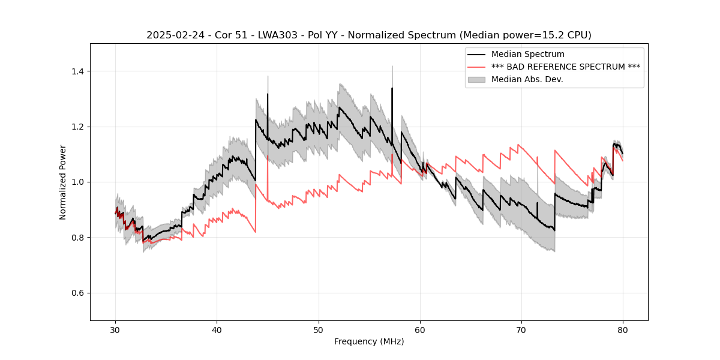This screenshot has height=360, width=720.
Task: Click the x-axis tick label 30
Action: click(116, 329)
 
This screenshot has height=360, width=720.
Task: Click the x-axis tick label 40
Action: click(217, 329)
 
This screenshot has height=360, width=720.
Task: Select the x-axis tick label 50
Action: click(319, 329)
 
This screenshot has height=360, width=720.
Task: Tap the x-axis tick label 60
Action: click(420, 329)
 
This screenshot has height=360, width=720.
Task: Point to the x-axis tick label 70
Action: click(521, 329)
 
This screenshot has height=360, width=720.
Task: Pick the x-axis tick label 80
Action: click(623, 329)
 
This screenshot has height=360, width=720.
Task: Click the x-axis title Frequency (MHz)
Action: click(369, 341)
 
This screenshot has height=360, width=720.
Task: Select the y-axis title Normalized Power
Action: click(63, 182)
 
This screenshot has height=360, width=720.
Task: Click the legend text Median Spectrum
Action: click(527, 55)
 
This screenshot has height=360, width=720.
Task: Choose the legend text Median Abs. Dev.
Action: click(527, 79)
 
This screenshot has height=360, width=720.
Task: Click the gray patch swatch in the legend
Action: click(478, 79)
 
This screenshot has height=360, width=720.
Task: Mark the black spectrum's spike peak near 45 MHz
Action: click(268, 94)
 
